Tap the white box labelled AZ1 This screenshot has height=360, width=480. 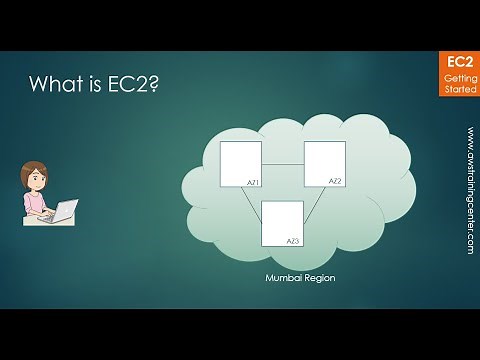[x=240, y=164]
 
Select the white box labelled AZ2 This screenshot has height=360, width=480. [x=324, y=164]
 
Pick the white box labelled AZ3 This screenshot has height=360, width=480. [x=282, y=223]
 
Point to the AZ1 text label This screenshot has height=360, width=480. [x=253, y=183]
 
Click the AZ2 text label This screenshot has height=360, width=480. [x=335, y=181]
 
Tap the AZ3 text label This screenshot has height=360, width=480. [x=294, y=241]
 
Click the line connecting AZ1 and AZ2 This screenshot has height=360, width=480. [x=282, y=163]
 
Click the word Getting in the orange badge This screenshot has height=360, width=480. [x=458, y=78]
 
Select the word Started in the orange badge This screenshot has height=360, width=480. [x=458, y=89]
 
